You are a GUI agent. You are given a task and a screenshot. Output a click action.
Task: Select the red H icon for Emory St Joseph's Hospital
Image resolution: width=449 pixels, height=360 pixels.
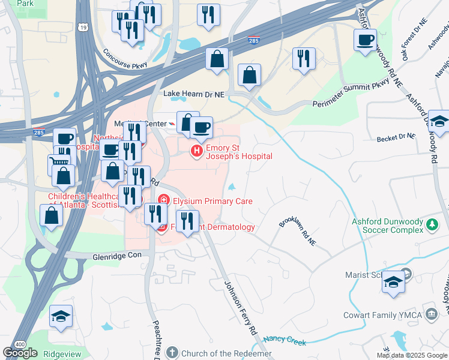(x=196, y=151)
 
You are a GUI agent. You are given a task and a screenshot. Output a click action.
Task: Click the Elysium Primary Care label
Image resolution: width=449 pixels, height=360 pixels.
(x=212, y=202)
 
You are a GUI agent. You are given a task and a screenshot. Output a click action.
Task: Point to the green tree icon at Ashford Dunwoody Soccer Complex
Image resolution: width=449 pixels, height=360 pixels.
(x=432, y=226)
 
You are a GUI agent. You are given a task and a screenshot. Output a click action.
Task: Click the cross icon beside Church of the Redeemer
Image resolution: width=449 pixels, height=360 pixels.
(x=172, y=353)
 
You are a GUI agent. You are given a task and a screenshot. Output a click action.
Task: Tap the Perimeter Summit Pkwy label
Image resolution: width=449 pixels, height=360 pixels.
(x=351, y=95)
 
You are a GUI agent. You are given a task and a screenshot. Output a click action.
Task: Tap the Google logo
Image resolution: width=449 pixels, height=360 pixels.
(x=20, y=353)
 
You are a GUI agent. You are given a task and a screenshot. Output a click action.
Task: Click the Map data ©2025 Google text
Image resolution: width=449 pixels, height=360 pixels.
(x=411, y=355)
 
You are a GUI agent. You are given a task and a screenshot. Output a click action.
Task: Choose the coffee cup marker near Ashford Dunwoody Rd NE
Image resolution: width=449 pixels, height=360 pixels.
(x=365, y=41)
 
